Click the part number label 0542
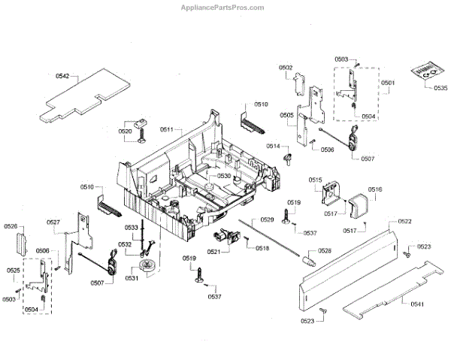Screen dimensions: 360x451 [x=62, y=76]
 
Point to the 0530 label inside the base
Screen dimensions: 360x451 [x=224, y=176]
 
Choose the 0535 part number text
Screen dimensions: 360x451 [x=440, y=87]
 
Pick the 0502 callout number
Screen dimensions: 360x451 [x=286, y=68]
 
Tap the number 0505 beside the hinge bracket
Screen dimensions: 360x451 [x=287, y=115]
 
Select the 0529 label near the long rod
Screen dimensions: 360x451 [x=267, y=219]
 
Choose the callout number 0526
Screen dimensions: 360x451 [x=11, y=226]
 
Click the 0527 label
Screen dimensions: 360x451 [x=53, y=222]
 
